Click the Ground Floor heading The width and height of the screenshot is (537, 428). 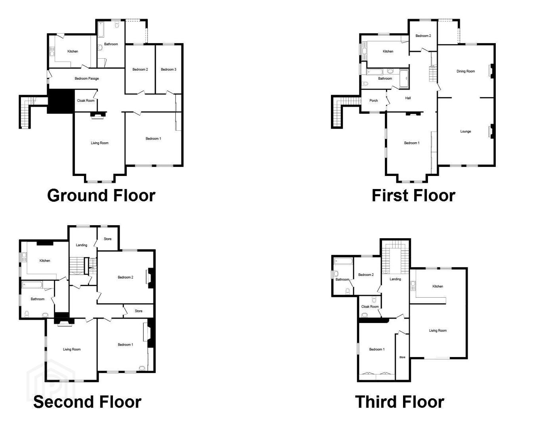tap(101, 196)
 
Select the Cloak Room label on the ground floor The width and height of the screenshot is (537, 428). tap(86, 101)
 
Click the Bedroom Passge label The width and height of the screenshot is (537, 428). tap(86, 78)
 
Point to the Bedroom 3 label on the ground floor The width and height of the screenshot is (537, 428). tap(168, 69)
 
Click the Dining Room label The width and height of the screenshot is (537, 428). tap(466, 71)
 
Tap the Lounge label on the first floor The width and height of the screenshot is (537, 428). tap(465, 132)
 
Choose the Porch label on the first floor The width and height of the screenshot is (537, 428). tap(374, 101)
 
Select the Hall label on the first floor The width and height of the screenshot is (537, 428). tap(408, 98)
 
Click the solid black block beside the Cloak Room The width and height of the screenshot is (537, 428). tap(61, 101)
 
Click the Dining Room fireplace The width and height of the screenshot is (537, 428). tap(492, 71)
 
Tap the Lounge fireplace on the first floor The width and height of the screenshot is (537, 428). tap(492, 131)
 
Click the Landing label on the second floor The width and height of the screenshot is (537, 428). tap(82, 245)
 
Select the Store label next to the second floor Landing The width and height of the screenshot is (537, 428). tap(107, 239)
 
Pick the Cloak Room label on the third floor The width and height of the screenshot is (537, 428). tap(370, 306)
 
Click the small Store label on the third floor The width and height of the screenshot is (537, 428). tap(402, 357)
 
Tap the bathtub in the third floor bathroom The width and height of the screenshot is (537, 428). tap(344, 262)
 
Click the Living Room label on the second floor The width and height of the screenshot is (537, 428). tap(72, 350)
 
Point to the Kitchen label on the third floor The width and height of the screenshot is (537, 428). tap(438, 286)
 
